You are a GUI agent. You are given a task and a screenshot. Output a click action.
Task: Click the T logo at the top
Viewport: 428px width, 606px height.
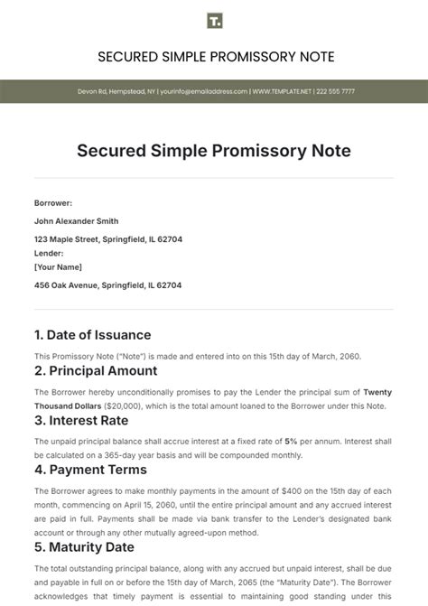[214, 21]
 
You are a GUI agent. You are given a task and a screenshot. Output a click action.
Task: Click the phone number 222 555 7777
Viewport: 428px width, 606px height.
[333, 91]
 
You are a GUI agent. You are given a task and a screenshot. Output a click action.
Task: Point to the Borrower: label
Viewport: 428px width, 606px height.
[53, 203]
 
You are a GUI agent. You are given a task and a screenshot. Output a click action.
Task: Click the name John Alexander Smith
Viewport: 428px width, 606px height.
[76, 221]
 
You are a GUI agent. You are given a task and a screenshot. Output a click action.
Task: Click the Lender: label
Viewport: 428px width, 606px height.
[49, 254]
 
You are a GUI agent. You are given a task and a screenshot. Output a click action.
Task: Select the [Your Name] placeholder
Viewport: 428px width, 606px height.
[58, 267]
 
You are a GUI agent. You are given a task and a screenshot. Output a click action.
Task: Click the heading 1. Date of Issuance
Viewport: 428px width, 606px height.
[92, 335]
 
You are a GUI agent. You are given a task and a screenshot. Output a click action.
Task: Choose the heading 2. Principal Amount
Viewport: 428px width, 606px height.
[96, 370]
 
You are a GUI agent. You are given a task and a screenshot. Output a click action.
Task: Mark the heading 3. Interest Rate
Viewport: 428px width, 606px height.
[81, 419]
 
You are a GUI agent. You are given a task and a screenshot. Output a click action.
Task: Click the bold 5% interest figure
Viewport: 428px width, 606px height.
[291, 441]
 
